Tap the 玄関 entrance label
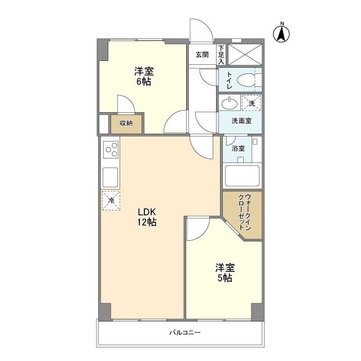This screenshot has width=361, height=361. point(202,55)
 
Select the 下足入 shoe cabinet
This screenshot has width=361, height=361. point(221,55)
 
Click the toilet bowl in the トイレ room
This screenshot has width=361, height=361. point(246,80)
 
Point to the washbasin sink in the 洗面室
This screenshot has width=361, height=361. point(229,104)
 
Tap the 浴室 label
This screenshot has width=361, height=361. point(239,148)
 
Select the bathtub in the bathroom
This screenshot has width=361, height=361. point(242,177)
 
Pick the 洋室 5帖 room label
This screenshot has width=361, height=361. point(224,272)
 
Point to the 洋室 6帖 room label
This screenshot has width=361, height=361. point(143,76)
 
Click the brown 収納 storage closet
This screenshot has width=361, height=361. point(126,124)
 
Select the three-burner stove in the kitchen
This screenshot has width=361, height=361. point(111,150)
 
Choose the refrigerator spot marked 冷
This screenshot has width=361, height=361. point(111,200)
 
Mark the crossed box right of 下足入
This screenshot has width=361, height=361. point(244,55)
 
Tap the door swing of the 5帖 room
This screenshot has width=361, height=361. point(197,228)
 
